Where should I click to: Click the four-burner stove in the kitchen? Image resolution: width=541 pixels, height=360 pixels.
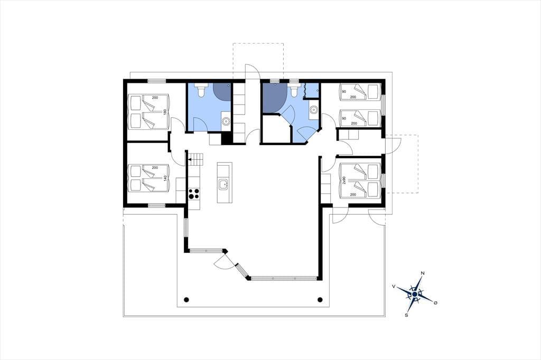pos(194,193)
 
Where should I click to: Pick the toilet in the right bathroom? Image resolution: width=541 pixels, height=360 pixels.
pos(294,90)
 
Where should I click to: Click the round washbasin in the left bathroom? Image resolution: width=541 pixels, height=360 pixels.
pos(226,121)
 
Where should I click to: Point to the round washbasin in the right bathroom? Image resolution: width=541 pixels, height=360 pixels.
pos(314,110)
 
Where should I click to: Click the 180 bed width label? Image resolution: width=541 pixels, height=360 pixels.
pos(165,112)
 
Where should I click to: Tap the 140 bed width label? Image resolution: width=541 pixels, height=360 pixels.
pos(165,178)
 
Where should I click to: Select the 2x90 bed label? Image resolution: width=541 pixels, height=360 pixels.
pos(343,180)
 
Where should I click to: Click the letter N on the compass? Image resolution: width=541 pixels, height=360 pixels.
pos(423,273)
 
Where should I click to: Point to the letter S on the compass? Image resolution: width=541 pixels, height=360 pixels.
pos(406,315)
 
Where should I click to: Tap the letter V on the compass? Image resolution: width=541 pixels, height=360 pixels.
pos(394,286)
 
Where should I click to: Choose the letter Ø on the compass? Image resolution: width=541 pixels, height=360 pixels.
pos(435,302)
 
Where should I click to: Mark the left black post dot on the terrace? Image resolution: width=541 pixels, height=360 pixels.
pos(186,299)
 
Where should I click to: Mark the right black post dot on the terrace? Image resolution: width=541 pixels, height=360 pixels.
pos(320,299)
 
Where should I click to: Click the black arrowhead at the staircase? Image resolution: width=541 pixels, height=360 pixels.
pos(189,159)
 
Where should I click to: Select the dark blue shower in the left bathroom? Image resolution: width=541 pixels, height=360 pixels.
pos(222,92)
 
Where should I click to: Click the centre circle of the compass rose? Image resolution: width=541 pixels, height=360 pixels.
pos(414,294)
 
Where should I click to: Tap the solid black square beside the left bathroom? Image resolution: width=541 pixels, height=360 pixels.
pos(226,139)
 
